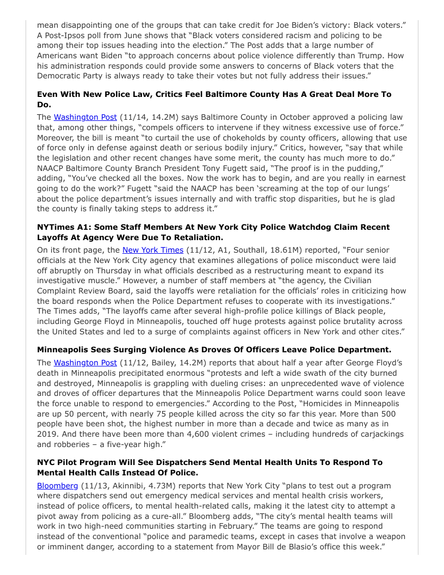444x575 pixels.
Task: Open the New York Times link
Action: [x=153, y=250]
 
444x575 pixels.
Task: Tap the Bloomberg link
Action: [x=57, y=485]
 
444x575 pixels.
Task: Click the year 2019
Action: [x=48, y=434]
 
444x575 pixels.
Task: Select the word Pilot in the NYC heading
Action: [x=71, y=462]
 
